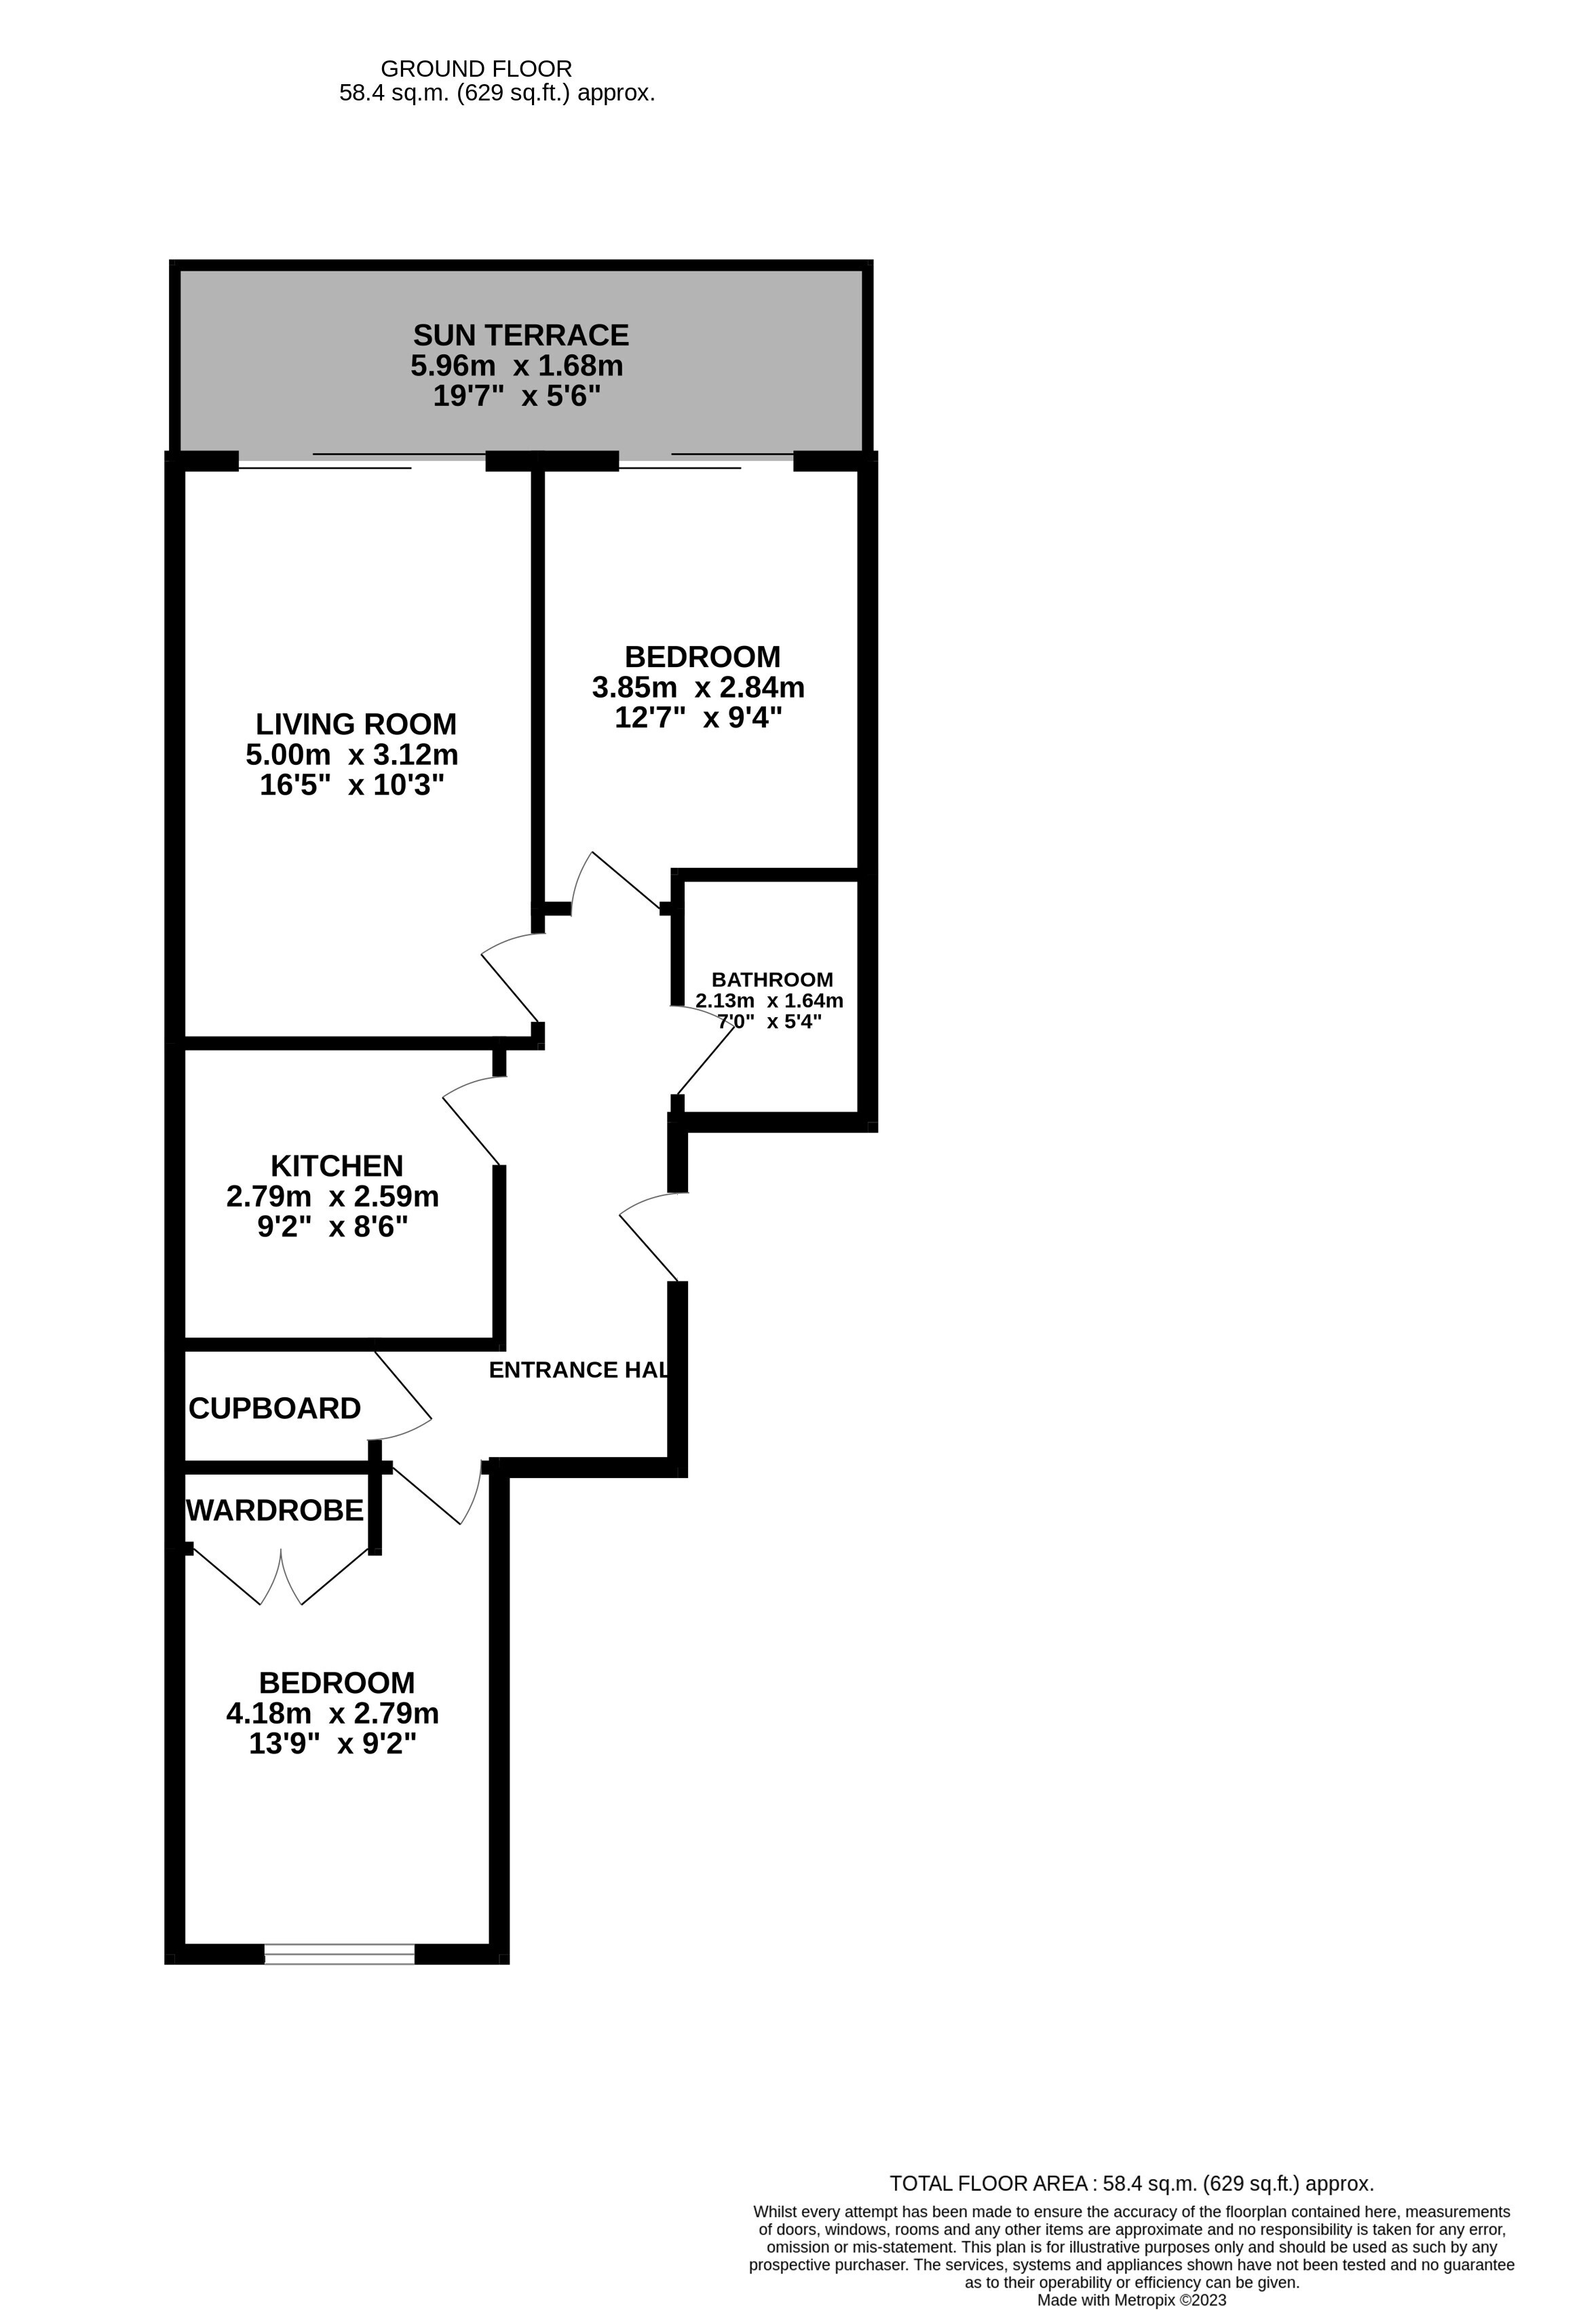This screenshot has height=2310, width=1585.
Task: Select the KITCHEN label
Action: [337, 1165]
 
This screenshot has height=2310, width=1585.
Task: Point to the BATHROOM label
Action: [772, 979]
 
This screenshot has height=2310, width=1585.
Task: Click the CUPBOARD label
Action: [274, 1409]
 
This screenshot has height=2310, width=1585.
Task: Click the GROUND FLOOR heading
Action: [476, 69]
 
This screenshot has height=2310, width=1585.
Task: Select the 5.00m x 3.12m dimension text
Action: [351, 755]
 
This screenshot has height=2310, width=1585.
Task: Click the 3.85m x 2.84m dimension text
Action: [699, 687]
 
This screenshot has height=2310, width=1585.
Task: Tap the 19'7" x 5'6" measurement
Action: [517, 396]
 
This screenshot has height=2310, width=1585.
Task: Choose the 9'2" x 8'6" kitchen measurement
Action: [333, 1226]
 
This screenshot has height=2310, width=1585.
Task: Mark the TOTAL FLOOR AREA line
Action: [1132, 2184]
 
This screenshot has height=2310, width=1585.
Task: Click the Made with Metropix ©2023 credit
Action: [1132, 2300]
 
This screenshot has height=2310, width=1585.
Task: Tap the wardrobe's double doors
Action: [281, 1576]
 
